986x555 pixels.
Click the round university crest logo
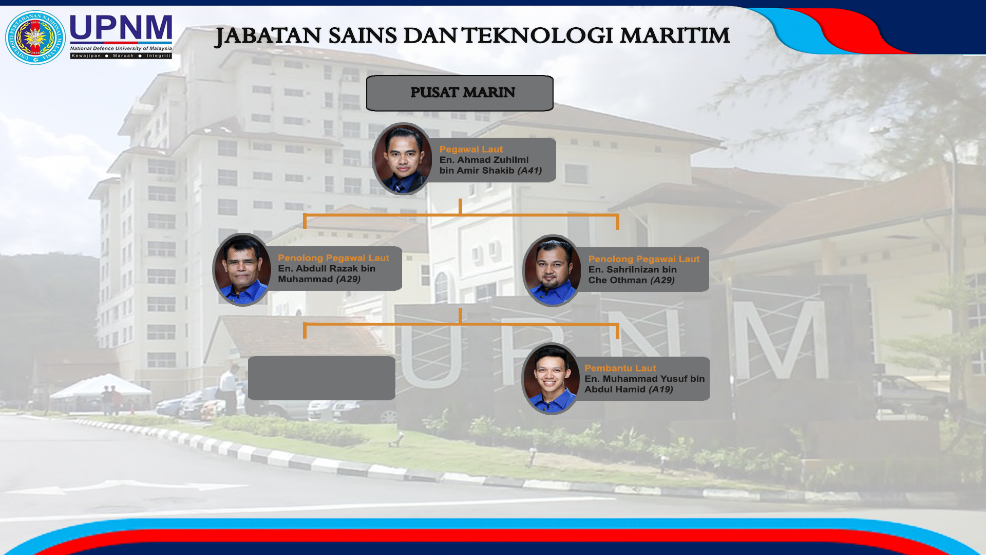[35, 37]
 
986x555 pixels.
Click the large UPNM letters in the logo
[121, 29]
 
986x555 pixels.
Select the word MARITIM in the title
[674, 36]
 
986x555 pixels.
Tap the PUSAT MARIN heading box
[460, 93]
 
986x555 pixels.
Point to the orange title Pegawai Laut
[471, 150]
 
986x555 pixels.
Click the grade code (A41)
[529, 171]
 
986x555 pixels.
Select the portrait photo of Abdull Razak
[242, 269]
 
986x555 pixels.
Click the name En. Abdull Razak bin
[327, 268]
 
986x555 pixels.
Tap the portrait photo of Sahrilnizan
[553, 270]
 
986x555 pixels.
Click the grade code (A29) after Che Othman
[662, 280]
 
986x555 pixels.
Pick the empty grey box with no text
[321, 378]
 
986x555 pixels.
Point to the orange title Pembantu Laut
[620, 368]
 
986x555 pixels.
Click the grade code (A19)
[661, 390]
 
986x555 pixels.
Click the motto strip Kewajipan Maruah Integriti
[121, 55]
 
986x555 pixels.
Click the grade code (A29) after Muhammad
[348, 279]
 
